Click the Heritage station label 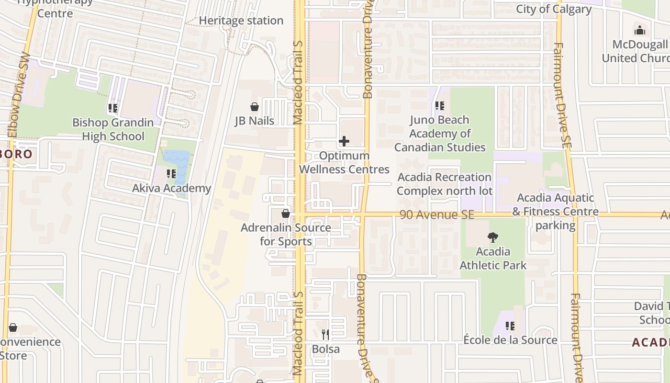pos(241,21)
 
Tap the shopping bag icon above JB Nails pos(255,107)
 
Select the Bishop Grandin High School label pos(113,129)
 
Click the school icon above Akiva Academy pos(171,174)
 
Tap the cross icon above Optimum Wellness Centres pos(344,141)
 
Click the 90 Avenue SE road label pos(437,215)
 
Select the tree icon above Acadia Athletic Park pos(492,237)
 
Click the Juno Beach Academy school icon pos(439,106)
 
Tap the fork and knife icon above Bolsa pos(325,334)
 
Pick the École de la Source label pos(510,340)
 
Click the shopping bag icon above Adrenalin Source pos(286,214)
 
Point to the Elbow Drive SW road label pos(17,96)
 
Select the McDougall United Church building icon pos(640,31)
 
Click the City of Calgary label pos(554,9)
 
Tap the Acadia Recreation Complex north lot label pos(445,184)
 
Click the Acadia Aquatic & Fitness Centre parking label pos(555,211)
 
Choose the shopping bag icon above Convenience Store pos(13,328)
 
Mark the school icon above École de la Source pos(510,326)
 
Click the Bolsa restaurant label pos(325,349)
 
